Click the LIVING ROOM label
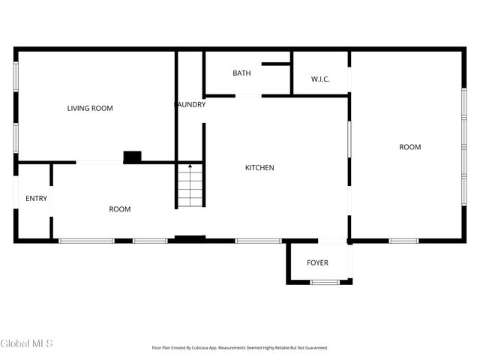tap(90, 109)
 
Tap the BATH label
tap(241, 73)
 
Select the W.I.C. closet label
tap(320, 79)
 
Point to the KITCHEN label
tap(260, 168)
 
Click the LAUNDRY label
tap(190, 105)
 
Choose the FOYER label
tap(318, 263)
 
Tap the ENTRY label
tap(36, 199)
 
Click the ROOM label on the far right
tap(410, 147)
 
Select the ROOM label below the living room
tap(120, 209)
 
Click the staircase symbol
tap(190, 187)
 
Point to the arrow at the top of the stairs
tap(190, 166)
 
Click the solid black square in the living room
tap(132, 157)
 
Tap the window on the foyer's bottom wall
tap(325, 282)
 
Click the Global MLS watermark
tap(27, 343)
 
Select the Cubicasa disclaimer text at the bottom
tap(240, 348)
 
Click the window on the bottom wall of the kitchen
tap(247, 241)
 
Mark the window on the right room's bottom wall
tap(403, 241)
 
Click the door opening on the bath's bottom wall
tap(248, 95)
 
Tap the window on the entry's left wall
tap(15, 193)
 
